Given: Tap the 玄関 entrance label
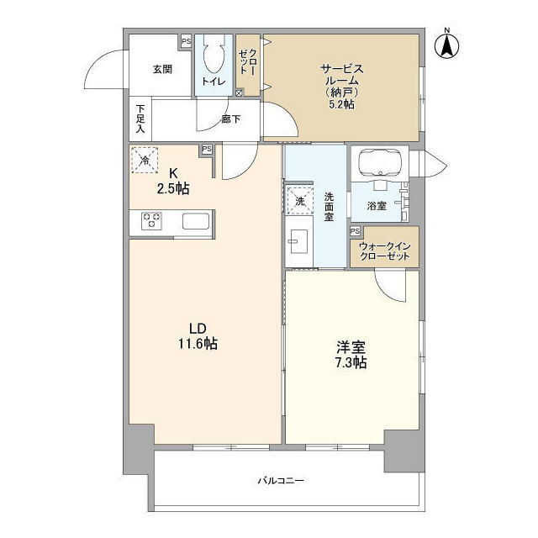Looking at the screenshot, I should coord(162,70).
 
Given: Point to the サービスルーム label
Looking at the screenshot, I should coord(340,74).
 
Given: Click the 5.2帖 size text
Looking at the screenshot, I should coord(340,106).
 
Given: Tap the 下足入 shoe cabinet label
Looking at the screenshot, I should coord(140,119).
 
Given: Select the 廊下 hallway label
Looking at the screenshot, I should coord(230,119).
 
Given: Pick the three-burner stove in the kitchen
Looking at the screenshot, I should coord(152,220).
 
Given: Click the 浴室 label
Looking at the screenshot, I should coord(376,204).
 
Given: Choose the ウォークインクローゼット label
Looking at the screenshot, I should coord(383,251).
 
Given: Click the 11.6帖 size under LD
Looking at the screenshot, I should coord(198,343).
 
